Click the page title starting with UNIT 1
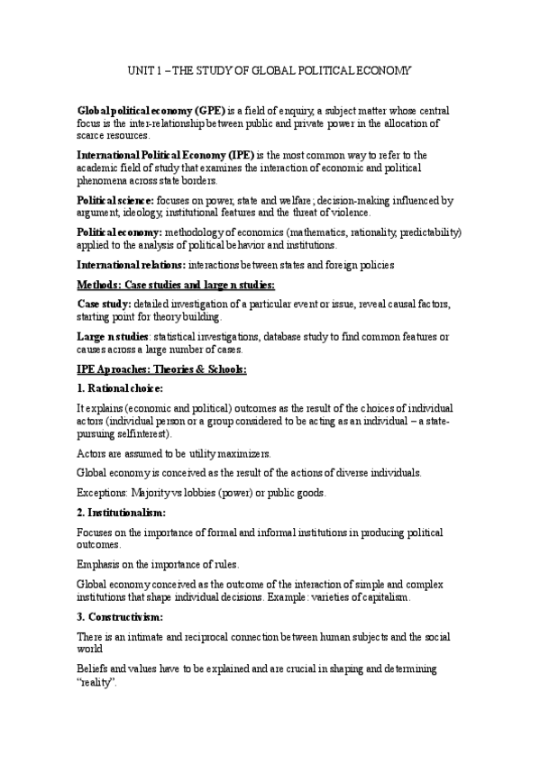coord(270,70)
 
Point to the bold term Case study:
coord(104,305)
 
